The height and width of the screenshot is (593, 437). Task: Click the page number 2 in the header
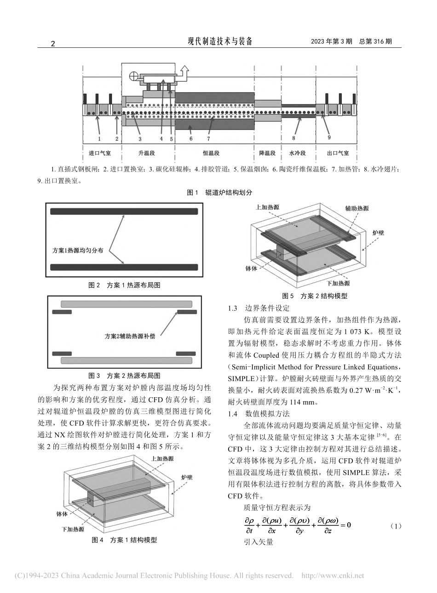pos(52,44)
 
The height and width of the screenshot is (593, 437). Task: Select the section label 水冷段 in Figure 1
pos(298,153)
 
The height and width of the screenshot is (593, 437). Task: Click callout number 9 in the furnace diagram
pos(329,137)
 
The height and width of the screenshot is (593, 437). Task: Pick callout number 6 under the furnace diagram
pos(190,138)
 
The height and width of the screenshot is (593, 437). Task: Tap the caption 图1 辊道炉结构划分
pos(219,193)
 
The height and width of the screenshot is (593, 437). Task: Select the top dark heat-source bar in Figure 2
pos(124,211)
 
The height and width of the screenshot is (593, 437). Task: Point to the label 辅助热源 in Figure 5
pos(357,208)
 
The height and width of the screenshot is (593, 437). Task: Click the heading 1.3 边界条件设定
pos(259,308)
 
